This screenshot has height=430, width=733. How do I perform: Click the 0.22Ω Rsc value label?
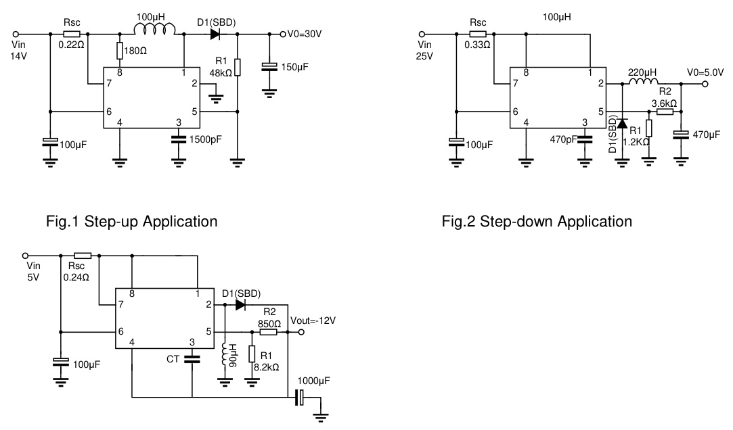(72, 45)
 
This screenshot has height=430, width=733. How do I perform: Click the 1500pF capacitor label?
(204, 140)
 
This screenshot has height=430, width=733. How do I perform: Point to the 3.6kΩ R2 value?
(664, 103)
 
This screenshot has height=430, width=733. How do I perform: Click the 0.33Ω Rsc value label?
(478, 45)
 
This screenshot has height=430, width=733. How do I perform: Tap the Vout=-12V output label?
(312, 320)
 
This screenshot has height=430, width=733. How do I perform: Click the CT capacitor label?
(173, 359)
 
